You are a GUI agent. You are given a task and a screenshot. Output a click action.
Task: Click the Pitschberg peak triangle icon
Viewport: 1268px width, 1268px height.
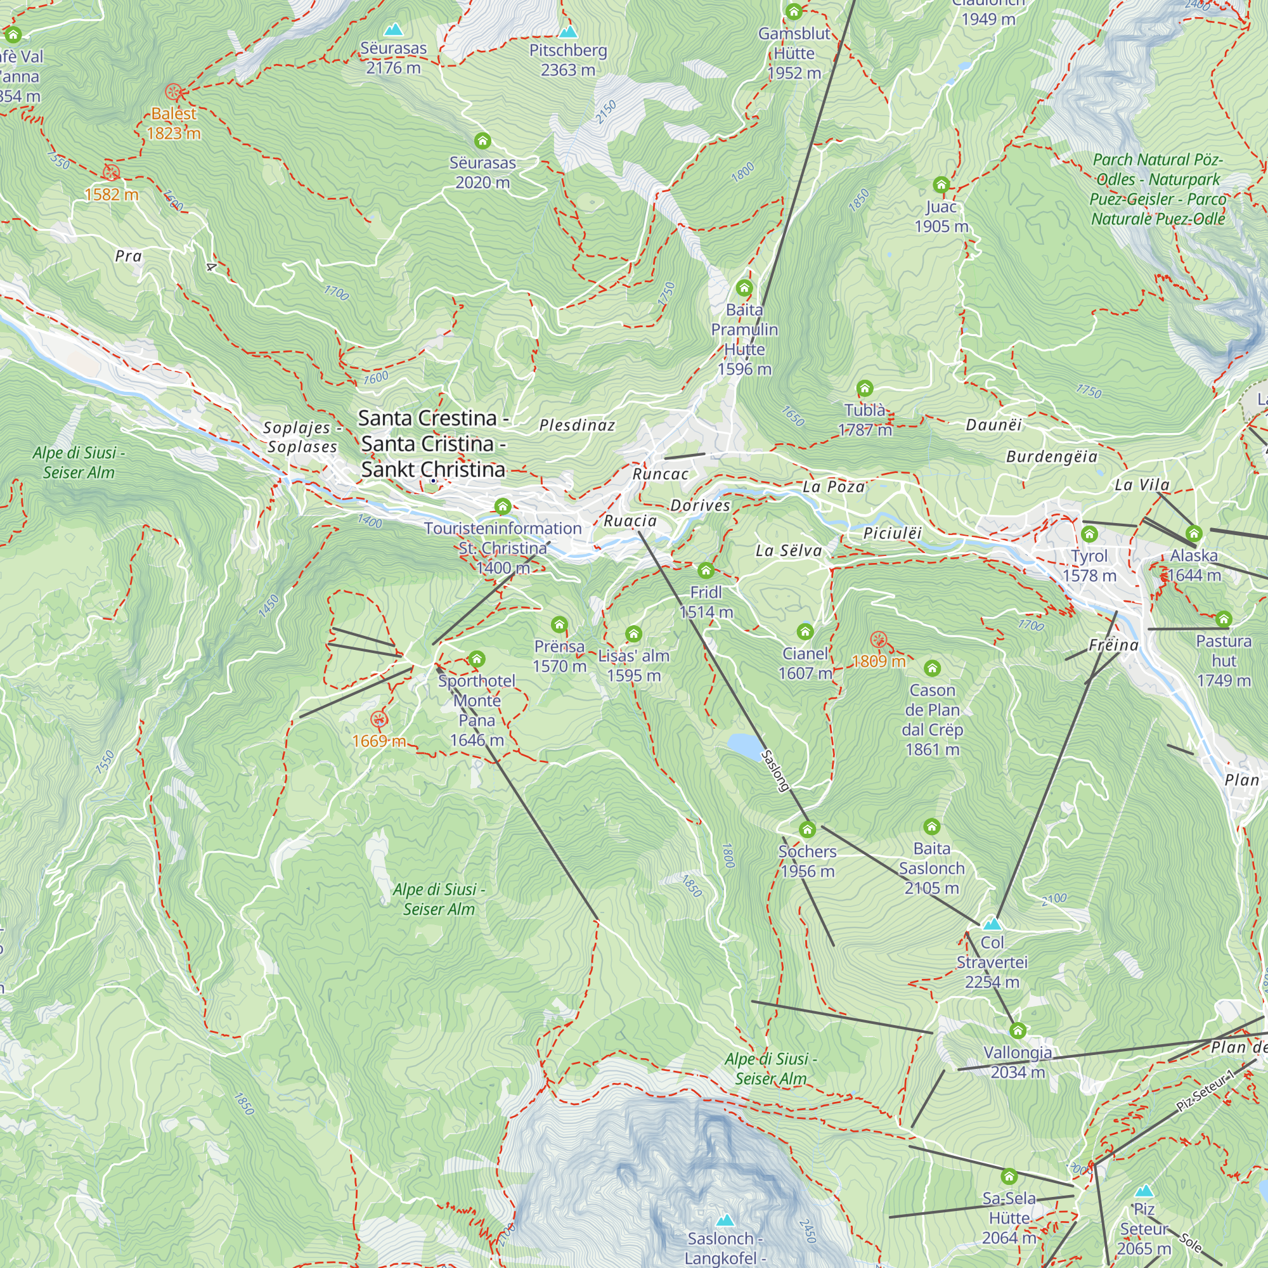coord(567,32)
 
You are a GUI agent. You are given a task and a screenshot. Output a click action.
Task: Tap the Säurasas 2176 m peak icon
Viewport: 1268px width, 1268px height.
coord(393,30)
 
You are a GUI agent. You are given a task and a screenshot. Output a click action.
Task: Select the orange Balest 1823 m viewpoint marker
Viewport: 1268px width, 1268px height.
coord(173,92)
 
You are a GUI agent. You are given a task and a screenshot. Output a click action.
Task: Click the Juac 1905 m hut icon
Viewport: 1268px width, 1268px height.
coord(941,184)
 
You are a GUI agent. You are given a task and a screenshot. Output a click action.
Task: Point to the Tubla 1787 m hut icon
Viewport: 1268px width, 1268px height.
coord(865,388)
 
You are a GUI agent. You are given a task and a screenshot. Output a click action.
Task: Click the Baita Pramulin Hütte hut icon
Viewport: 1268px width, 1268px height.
coord(744,287)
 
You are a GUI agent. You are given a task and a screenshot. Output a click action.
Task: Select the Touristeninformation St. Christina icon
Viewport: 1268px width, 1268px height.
coord(503,506)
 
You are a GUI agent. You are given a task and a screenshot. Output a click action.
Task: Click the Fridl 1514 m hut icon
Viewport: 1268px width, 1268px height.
coord(706,570)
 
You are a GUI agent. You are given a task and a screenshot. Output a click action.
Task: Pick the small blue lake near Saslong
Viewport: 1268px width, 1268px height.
coord(744,744)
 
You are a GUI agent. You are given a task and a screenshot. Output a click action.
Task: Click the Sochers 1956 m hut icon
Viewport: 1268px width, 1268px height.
coord(807,829)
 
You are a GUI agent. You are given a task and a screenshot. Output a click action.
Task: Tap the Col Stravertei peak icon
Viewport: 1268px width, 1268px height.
coord(992,924)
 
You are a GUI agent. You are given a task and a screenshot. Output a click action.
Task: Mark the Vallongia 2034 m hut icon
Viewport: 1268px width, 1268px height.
coord(1018,1030)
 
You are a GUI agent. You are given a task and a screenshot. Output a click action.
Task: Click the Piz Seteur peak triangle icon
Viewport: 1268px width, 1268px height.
coord(1144,1191)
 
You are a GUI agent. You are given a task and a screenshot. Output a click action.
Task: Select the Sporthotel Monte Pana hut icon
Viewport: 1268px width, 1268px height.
coord(477,658)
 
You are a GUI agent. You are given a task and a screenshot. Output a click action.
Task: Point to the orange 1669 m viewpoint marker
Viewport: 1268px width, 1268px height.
coord(378,720)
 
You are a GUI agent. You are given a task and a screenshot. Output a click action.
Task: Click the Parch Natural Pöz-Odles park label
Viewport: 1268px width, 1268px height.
coord(1158,189)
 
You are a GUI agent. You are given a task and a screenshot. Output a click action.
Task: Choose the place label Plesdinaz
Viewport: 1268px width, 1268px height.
coord(577,425)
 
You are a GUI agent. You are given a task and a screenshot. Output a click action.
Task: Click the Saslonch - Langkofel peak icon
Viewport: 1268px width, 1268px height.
coord(725,1220)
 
